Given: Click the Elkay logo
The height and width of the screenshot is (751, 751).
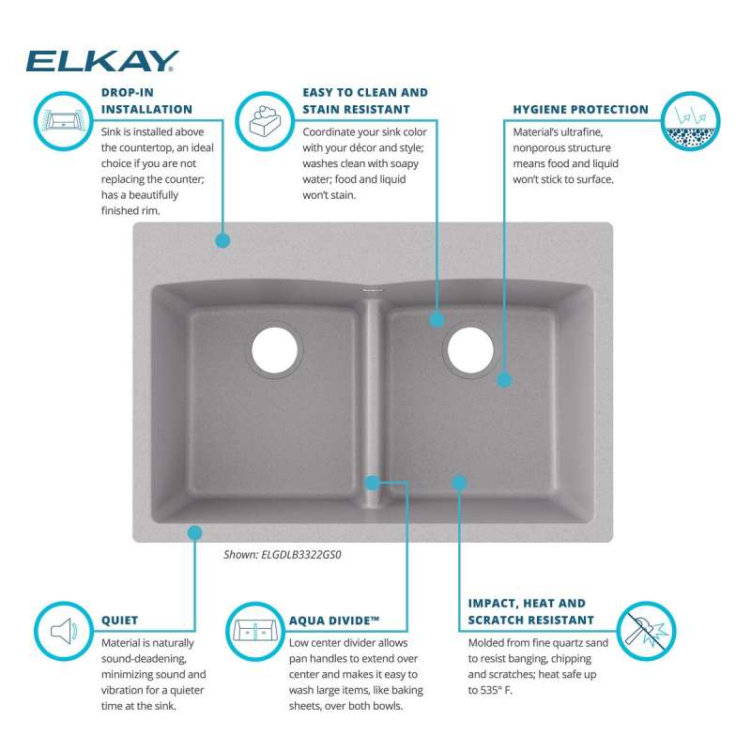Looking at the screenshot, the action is click(x=102, y=61).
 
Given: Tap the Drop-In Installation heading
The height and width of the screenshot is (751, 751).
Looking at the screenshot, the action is click(x=146, y=101).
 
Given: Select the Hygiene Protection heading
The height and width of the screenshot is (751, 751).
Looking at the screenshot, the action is click(x=580, y=110).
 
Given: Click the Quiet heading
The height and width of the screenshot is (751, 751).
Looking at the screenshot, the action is click(x=120, y=621).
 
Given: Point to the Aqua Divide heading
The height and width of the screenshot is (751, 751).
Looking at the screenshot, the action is click(x=334, y=621).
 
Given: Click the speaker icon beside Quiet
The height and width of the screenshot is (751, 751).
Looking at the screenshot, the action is click(x=64, y=631).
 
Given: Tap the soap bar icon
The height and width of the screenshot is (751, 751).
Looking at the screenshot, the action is click(x=265, y=121).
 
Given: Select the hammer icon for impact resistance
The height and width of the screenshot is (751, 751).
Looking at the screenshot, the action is click(x=646, y=631).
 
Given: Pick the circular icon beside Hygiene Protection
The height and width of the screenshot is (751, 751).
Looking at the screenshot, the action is click(x=690, y=121).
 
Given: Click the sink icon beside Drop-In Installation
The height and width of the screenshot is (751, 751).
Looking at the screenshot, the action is click(x=64, y=121).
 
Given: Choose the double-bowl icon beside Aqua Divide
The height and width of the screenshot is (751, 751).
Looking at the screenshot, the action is click(x=255, y=631).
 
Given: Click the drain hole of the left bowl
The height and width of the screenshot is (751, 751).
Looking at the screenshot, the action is click(x=274, y=350).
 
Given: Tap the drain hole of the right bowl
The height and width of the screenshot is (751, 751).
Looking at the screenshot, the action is click(x=470, y=350).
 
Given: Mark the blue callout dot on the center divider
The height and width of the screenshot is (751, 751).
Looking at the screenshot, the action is click(x=372, y=483).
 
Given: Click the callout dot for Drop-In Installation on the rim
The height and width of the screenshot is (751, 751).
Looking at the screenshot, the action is click(x=222, y=240).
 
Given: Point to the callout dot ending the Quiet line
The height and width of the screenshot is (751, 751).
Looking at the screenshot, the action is click(x=195, y=532).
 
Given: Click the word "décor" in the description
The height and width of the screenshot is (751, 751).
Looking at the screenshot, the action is click(x=361, y=148).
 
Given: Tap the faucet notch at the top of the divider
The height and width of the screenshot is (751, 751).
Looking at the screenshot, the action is click(x=372, y=289).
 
